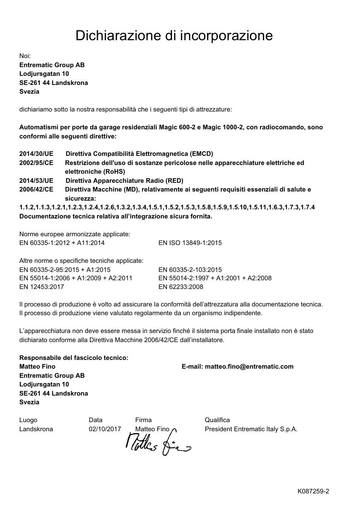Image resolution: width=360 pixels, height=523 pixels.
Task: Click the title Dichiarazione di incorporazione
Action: point(174,35)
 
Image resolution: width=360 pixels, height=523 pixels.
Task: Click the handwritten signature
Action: point(157,443)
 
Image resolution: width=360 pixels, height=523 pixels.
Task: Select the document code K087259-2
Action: point(313,491)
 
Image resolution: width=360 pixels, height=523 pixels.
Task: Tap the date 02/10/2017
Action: point(105,429)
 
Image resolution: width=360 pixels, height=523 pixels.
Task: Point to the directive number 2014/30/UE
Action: point(36,154)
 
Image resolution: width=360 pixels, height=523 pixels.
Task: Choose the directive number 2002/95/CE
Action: point(36,163)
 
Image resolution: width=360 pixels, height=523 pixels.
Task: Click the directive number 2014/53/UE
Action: point(36,181)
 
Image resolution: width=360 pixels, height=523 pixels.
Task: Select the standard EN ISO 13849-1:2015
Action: point(190,243)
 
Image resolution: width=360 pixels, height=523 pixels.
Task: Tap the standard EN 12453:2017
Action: point(42,287)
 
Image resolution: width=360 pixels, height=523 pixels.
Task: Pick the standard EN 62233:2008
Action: point(181,287)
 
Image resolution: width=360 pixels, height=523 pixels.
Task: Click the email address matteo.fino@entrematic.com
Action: point(249,366)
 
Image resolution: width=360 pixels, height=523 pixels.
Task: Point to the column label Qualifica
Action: point(217,420)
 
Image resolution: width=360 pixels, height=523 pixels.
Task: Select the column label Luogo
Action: point(28,420)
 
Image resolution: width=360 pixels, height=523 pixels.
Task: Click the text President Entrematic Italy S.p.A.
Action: point(251,429)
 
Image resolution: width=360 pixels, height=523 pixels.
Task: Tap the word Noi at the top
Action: point(25,56)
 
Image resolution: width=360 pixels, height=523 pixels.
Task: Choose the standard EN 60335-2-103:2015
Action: point(190,270)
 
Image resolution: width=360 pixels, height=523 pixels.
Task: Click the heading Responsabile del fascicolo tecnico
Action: point(74,358)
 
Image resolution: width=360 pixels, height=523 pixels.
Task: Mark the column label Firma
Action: point(143,420)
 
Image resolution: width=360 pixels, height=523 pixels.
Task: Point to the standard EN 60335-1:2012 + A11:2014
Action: point(62,243)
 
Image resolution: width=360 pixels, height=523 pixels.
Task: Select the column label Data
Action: point(95,420)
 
